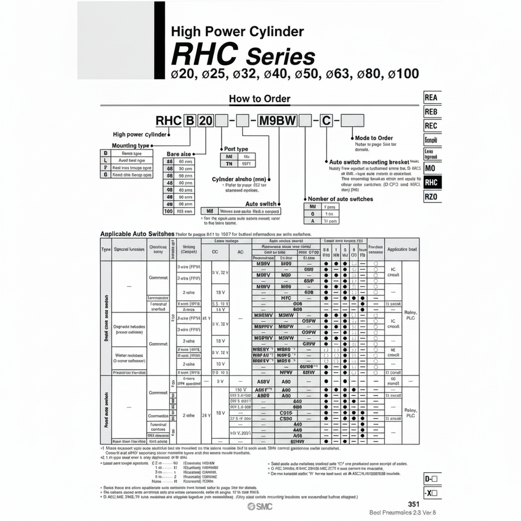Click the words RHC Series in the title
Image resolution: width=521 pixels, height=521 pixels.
pyautogui.click(x=243, y=55)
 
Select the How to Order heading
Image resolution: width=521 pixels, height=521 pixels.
pyautogui.click(x=259, y=99)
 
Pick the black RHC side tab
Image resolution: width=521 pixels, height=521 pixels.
pyautogui.click(x=431, y=183)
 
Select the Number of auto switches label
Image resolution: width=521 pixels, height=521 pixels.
pyautogui.click(x=340, y=199)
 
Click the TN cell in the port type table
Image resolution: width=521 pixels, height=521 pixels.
pyautogui.click(x=228, y=163)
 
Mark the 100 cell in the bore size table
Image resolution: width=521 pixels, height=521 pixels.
pyautogui.click(x=169, y=211)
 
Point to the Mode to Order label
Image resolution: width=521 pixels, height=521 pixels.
pyautogui.click(x=374, y=138)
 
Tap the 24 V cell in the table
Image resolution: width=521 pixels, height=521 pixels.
pyautogui.click(x=206, y=415)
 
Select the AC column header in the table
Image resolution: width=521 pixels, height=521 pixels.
pyautogui.click(x=240, y=252)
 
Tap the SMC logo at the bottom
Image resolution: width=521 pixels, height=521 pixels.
pyautogui.click(x=260, y=506)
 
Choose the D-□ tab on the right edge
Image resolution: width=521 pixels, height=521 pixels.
pyautogui.click(x=432, y=479)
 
